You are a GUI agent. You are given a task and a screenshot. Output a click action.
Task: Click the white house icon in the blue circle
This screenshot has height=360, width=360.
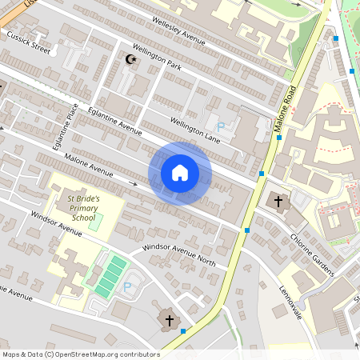[x=179, y=173]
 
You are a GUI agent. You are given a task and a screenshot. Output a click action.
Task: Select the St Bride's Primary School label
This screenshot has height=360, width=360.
[x=83, y=206]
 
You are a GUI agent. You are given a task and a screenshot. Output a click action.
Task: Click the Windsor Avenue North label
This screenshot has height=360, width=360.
[x=179, y=254]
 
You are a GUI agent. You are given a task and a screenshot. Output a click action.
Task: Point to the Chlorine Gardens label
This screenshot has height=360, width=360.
[x=311, y=255]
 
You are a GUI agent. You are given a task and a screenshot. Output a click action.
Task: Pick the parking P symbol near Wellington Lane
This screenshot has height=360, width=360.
[x=221, y=126]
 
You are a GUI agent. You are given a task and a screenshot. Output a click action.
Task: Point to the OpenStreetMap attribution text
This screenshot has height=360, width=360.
[x=81, y=354]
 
